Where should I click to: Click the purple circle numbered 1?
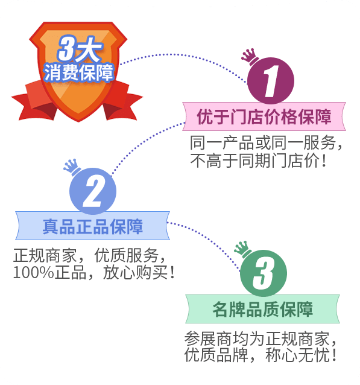270,81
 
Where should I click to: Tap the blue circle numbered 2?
93,191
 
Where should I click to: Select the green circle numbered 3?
264,273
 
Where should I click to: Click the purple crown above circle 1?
250,57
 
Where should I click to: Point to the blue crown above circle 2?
72,167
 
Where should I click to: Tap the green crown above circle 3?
242,249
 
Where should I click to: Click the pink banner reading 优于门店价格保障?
264,116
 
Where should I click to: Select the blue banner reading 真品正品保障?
92,226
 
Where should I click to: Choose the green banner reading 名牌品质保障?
262,309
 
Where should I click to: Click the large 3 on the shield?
66,48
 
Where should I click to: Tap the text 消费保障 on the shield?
78,72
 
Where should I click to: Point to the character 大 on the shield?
89,49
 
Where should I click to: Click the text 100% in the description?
33,272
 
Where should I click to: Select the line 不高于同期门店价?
259,161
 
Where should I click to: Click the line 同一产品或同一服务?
267,142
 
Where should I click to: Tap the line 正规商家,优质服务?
90,255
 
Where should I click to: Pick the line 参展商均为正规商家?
261,339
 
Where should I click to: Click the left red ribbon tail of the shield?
34,101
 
